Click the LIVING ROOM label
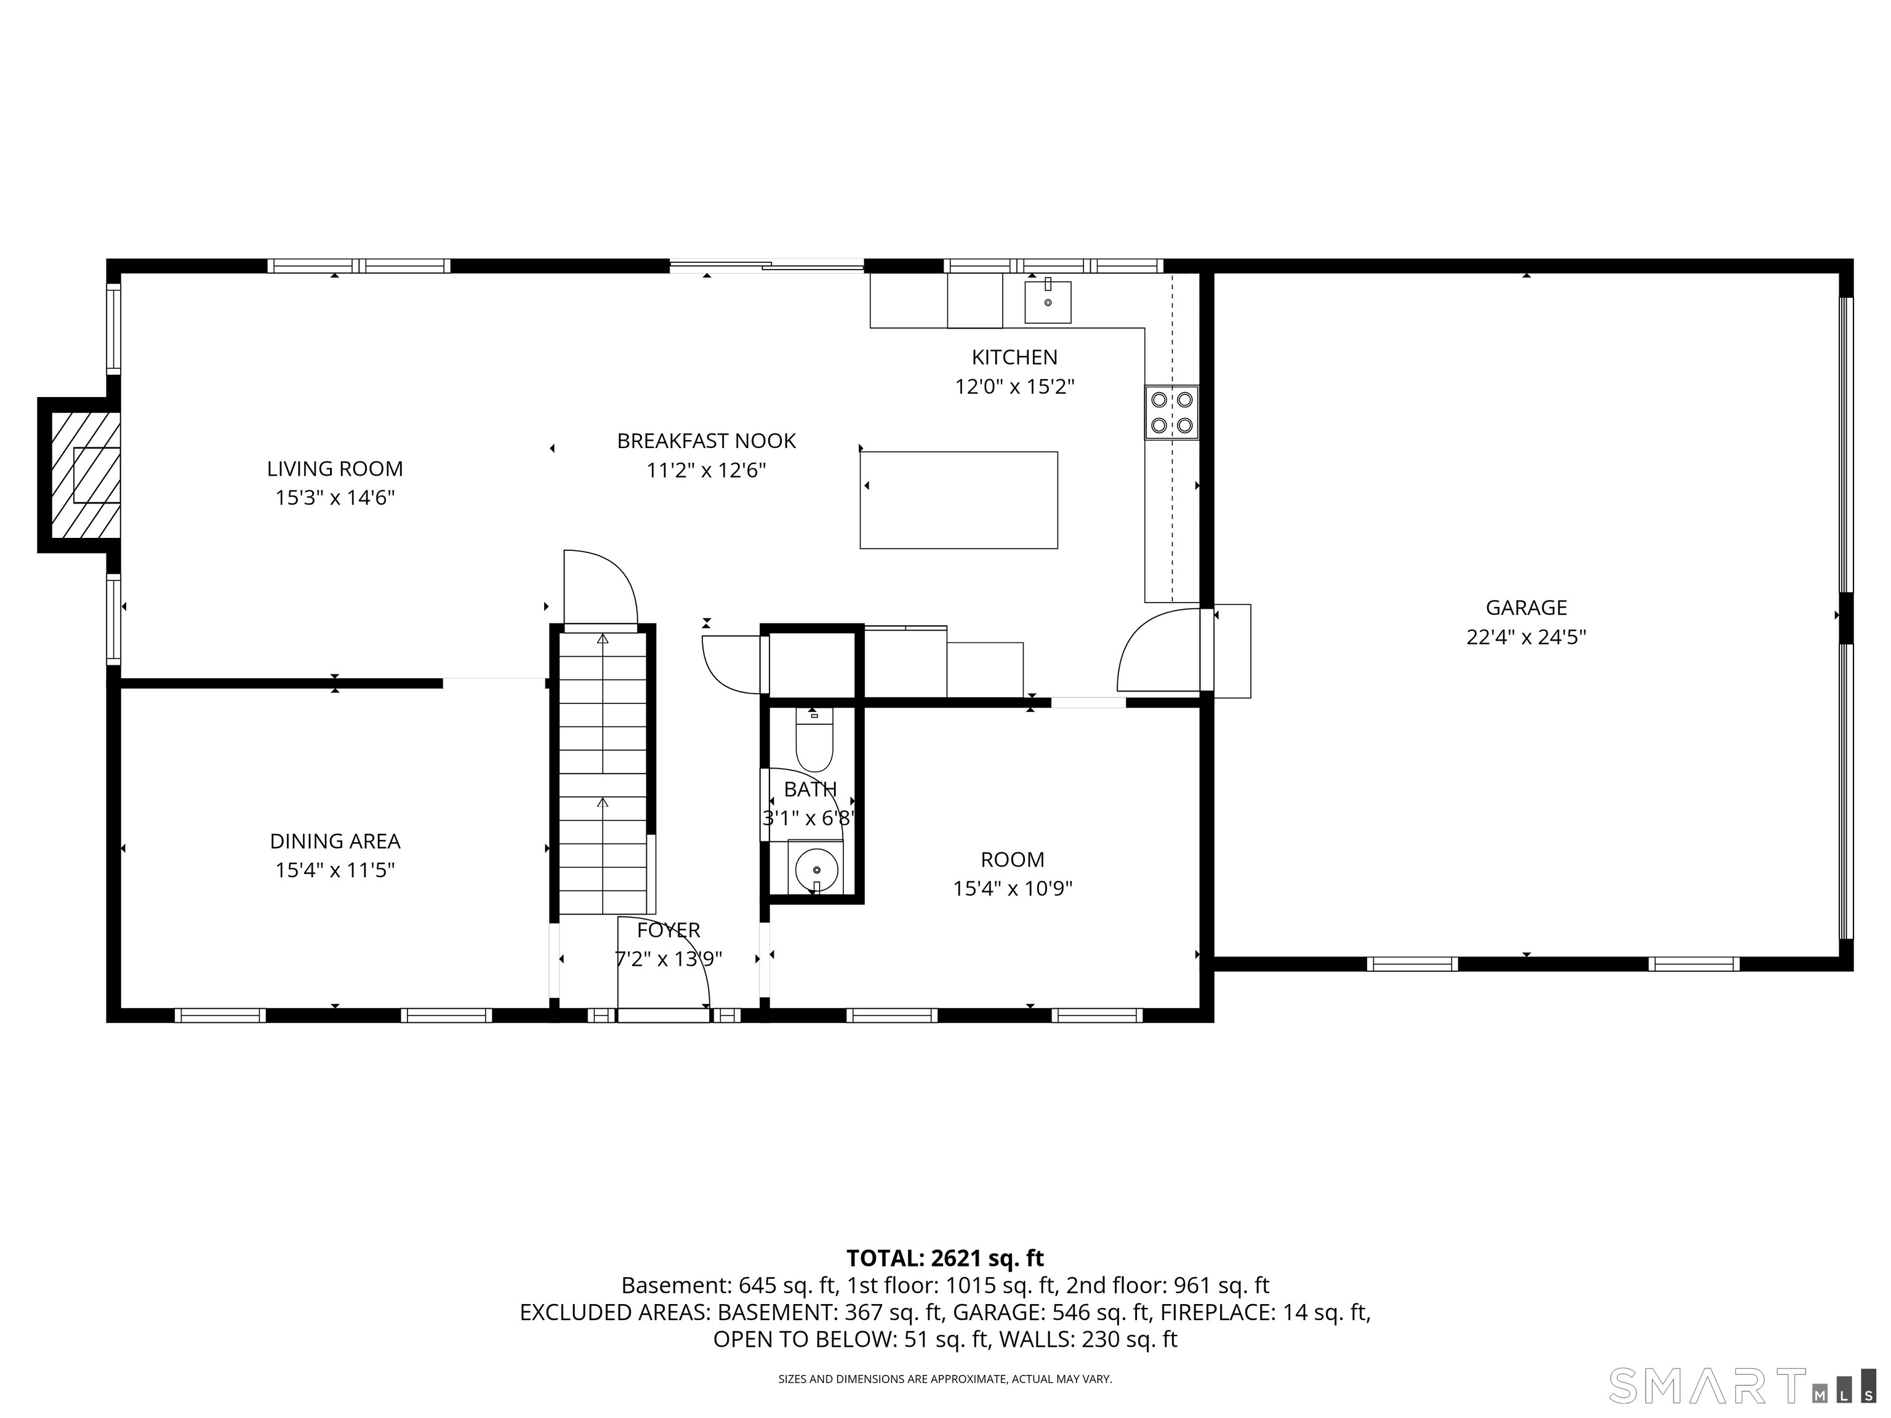tap(334, 468)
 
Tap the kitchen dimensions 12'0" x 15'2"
tap(1014, 387)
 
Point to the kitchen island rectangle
tap(958, 500)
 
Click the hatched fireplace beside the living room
tap(84, 475)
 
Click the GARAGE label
tap(1526, 607)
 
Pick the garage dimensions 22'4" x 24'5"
tap(1526, 637)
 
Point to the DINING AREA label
tap(334, 841)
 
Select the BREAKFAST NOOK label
tap(706, 441)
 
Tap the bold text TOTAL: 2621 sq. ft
tap(945, 1258)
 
